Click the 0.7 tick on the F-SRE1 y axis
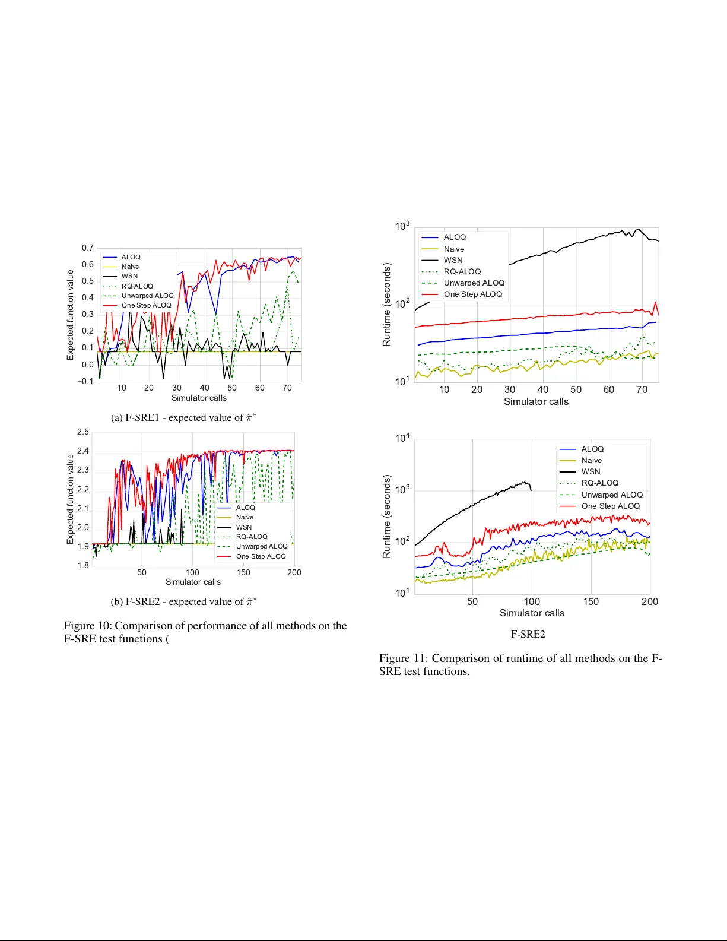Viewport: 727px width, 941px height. point(88,248)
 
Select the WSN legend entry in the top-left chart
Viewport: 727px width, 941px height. point(129,276)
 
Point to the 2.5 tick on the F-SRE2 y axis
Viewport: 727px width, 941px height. point(83,432)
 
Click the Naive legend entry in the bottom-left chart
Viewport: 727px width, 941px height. point(245,518)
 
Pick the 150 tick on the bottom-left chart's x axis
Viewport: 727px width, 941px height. point(243,572)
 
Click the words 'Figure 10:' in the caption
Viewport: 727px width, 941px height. point(88,626)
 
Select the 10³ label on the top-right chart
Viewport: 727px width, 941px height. point(402,226)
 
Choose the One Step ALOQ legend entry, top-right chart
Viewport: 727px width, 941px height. point(472,294)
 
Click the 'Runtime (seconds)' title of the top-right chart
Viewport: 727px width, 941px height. point(387,305)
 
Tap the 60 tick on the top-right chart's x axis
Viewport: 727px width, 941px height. point(609,389)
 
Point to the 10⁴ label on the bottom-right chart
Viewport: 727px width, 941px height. point(402,438)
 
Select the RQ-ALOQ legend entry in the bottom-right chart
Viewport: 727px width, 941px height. point(599,483)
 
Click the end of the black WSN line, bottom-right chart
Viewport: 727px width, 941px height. point(532,490)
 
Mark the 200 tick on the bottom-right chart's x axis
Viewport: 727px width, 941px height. point(650,601)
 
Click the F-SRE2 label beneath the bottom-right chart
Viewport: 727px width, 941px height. point(528,634)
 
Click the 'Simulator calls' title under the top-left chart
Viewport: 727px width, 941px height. point(199,398)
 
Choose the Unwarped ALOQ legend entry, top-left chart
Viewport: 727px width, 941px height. point(147,296)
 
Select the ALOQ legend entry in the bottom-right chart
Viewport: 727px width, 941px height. point(592,449)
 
